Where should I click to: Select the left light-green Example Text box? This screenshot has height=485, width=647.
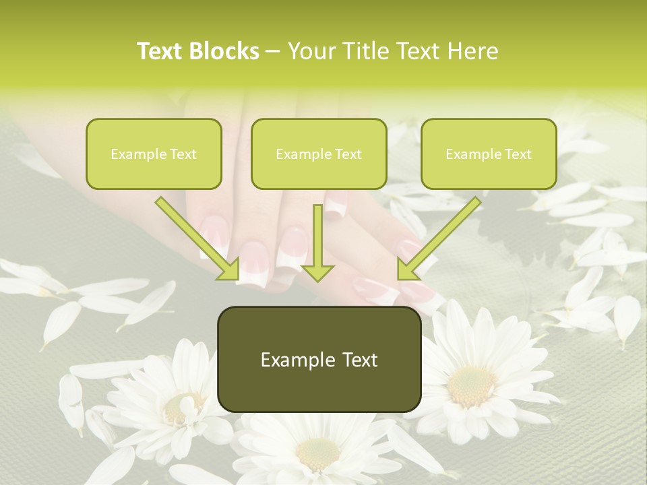154,154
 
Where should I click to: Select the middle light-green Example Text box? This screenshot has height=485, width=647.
319,154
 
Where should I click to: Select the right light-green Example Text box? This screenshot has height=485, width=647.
489,154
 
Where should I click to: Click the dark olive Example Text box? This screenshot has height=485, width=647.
319,359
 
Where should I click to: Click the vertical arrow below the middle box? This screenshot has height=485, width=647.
317,243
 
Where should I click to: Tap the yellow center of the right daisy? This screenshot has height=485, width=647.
471,385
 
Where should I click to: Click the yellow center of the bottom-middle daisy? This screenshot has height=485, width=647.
317,453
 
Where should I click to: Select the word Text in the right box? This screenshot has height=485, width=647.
518,154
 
